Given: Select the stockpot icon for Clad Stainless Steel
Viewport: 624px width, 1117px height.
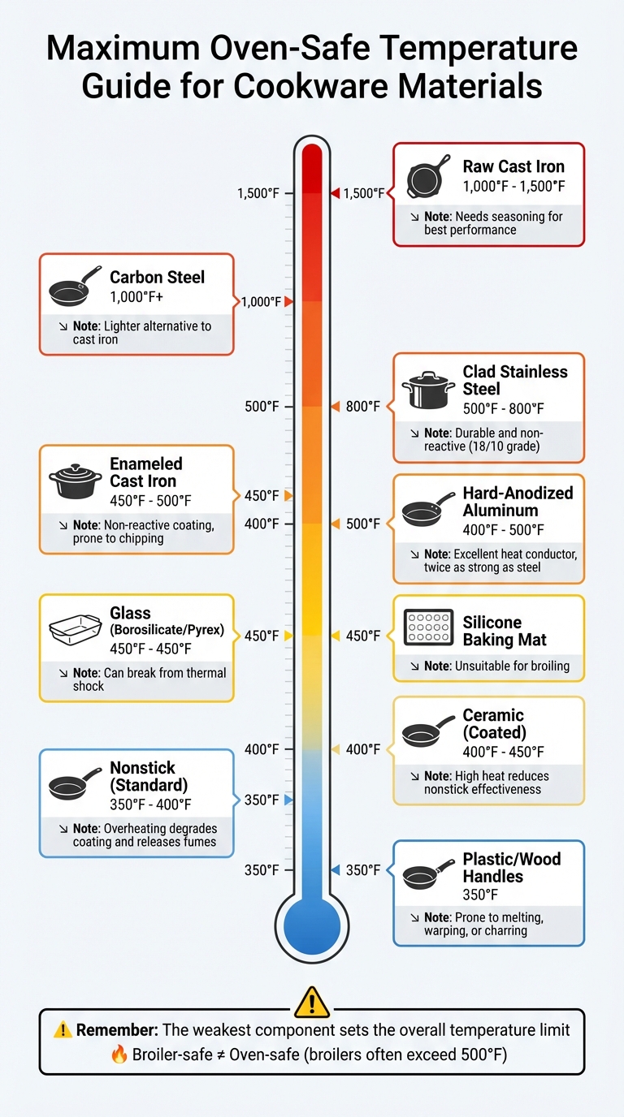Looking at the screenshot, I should pyautogui.click(x=429, y=389).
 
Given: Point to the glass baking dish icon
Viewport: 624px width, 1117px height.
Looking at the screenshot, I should pyautogui.click(x=75, y=629).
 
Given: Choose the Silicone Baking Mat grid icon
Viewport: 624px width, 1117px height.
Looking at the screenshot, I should pyautogui.click(x=428, y=628).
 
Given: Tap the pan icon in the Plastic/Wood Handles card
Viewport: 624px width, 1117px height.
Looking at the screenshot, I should pyautogui.click(x=428, y=873).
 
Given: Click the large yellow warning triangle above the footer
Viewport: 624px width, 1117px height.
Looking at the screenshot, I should pyautogui.click(x=311, y=1001).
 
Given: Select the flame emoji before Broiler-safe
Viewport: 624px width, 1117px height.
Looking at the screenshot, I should pyautogui.click(x=119, y=1053).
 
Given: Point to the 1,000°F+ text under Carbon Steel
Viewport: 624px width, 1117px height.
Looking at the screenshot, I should pyautogui.click(x=136, y=298).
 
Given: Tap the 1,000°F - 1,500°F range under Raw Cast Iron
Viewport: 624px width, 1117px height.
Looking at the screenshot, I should pyautogui.click(x=513, y=187).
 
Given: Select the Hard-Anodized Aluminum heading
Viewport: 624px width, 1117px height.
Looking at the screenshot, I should pyautogui.click(x=518, y=502).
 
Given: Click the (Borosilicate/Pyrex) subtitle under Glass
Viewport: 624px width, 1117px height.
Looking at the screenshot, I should pyautogui.click(x=167, y=630).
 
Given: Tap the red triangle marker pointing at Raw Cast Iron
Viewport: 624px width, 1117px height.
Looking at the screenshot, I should pyautogui.click(x=333, y=193).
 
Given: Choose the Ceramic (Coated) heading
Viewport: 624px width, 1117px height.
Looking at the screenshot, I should pyautogui.click(x=493, y=724).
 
